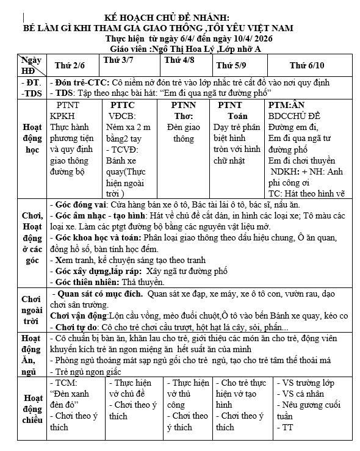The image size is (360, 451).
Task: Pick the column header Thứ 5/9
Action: coord(232,65)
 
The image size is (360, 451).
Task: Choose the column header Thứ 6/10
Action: coord(307,65)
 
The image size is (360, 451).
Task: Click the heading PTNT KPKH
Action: coord(72,110)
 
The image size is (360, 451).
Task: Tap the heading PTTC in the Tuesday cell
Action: coord(123,105)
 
